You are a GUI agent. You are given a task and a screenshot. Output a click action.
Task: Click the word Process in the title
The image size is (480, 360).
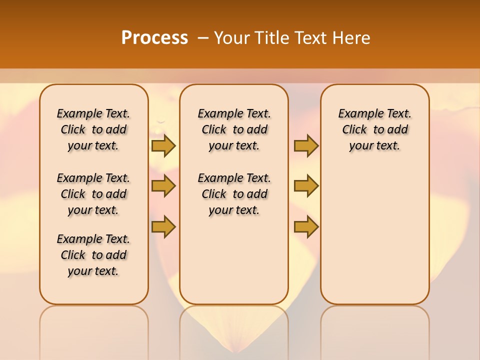pyautogui.click(x=154, y=37)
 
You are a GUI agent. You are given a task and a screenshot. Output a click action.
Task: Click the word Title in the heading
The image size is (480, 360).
pyautogui.click(x=273, y=38)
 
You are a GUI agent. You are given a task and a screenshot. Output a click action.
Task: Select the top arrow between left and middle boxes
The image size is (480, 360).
pyautogui.click(x=163, y=145)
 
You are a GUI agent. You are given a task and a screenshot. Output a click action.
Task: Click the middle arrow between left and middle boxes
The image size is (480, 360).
pyautogui.click(x=163, y=186)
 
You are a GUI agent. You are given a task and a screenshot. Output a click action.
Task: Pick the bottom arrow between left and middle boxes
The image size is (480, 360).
pyautogui.click(x=163, y=226)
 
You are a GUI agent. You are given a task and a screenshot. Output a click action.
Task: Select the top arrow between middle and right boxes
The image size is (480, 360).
pyautogui.click(x=306, y=145)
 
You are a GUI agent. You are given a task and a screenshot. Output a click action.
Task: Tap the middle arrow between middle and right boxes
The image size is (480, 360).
pyautogui.click(x=306, y=186)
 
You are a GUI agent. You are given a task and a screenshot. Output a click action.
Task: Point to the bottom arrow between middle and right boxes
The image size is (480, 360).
pyautogui.click(x=306, y=226)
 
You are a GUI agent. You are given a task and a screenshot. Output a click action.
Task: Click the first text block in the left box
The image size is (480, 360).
pyautogui.click(x=93, y=129)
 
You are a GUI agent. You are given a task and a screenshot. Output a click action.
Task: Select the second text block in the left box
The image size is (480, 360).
pyautogui.click(x=93, y=194)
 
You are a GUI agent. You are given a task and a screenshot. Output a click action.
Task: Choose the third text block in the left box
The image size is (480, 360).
pyautogui.click(x=93, y=255)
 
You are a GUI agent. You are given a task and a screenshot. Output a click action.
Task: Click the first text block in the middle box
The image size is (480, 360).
pyautogui.click(x=234, y=129)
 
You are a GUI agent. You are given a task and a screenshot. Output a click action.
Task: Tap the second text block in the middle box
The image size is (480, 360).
pyautogui.click(x=234, y=194)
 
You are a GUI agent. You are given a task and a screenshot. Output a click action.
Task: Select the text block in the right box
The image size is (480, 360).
pyautogui.click(x=374, y=129)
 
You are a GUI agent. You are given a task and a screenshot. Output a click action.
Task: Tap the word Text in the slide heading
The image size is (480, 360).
pyautogui.click(x=311, y=38)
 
